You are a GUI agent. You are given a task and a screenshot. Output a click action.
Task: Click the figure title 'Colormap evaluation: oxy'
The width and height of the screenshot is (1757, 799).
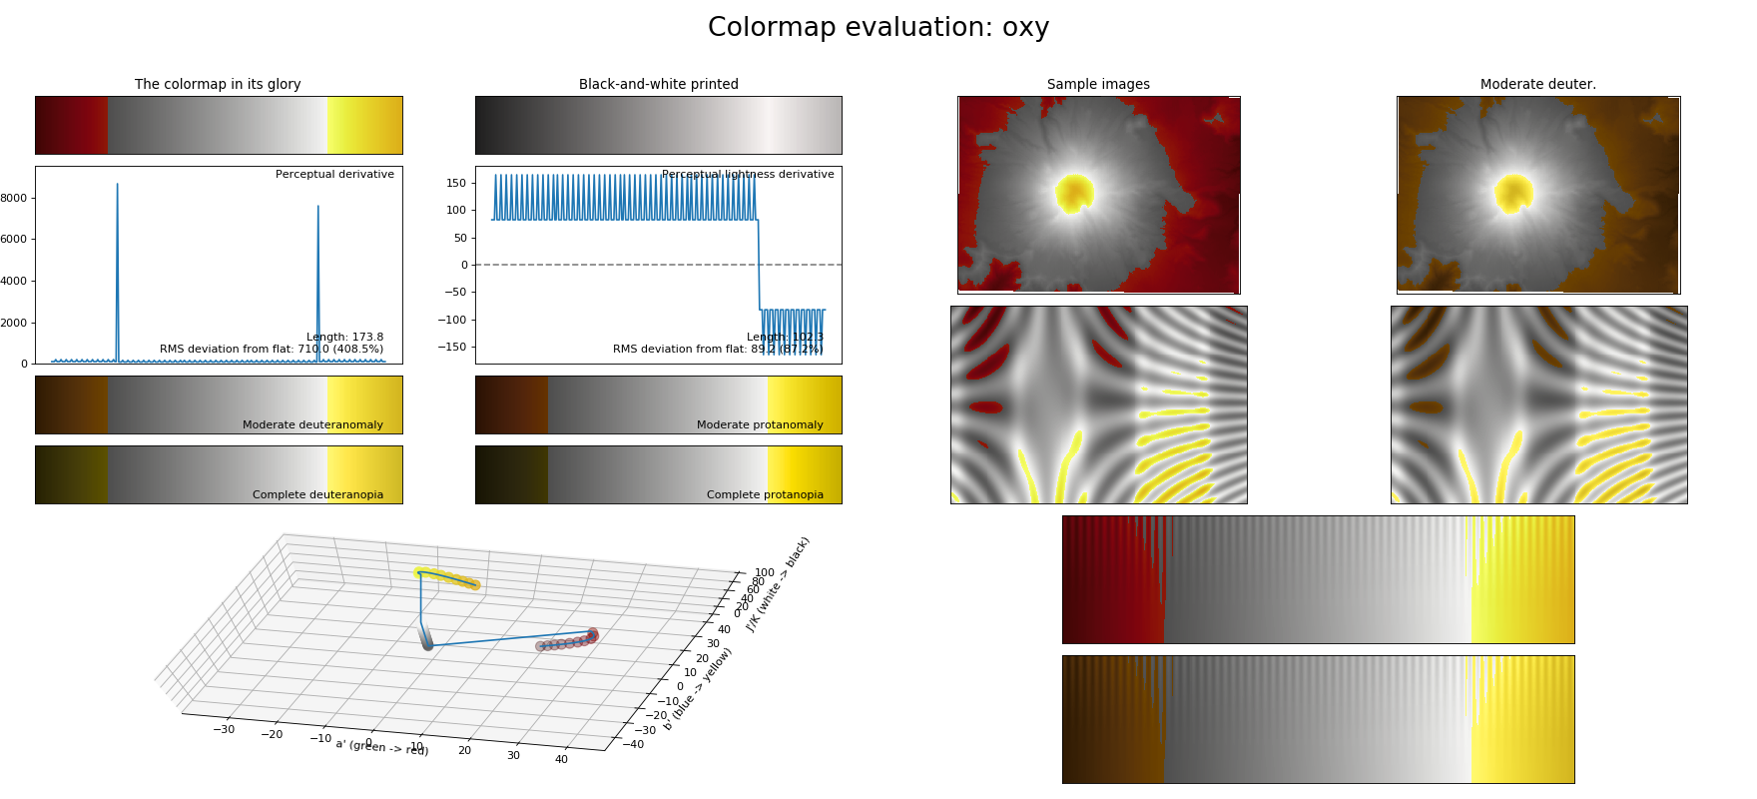878,27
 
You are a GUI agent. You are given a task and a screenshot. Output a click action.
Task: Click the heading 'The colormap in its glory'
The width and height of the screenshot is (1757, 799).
218,84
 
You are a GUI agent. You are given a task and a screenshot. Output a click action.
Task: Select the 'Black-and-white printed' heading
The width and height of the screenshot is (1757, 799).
658,84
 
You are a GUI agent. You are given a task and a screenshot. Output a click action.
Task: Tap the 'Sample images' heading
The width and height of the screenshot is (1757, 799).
1098,84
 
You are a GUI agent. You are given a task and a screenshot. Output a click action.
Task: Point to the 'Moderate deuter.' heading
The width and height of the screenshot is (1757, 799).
1537,84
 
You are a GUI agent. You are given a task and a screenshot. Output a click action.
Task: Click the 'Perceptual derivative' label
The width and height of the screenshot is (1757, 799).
334,174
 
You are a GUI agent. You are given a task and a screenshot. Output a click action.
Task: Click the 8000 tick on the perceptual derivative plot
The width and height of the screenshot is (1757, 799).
14,198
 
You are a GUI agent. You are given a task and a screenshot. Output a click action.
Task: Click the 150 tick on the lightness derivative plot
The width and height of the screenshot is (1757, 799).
456,183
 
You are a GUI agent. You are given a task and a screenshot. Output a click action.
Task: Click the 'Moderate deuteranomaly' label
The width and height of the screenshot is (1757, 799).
312,424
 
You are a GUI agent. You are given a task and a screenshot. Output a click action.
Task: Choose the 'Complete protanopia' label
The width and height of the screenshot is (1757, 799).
765,494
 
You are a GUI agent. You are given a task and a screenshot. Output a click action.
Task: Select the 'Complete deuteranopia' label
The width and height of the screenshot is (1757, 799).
317,494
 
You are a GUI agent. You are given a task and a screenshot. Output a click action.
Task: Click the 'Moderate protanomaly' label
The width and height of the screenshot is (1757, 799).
760,424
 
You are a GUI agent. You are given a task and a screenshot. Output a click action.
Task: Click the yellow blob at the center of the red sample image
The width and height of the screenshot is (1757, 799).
1075,193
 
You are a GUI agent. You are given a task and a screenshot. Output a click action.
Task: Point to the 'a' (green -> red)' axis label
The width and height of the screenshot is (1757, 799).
382,746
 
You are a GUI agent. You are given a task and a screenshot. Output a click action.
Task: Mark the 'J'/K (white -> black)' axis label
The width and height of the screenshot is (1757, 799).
779,584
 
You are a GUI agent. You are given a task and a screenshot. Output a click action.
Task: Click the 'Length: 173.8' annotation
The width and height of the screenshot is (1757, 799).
344,337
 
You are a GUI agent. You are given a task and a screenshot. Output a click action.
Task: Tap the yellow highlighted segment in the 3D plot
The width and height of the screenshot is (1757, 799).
447,577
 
